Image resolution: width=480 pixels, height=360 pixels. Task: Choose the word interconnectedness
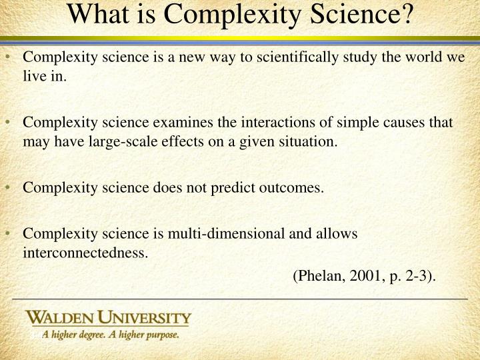[x=85, y=253]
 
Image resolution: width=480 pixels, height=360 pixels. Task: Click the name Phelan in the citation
[x=317, y=275]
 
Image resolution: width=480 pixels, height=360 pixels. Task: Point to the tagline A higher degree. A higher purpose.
[x=111, y=335]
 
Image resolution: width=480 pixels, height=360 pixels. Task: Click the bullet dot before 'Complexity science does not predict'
[x=14, y=187]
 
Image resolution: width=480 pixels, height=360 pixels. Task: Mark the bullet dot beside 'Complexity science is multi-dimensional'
[x=14, y=234]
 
